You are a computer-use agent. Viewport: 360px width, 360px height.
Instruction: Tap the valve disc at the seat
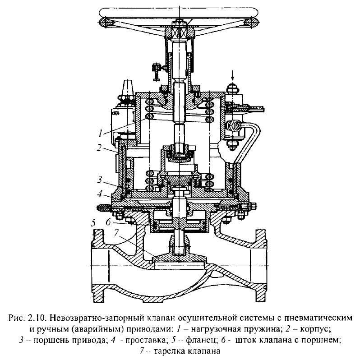[x=180, y=258]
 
